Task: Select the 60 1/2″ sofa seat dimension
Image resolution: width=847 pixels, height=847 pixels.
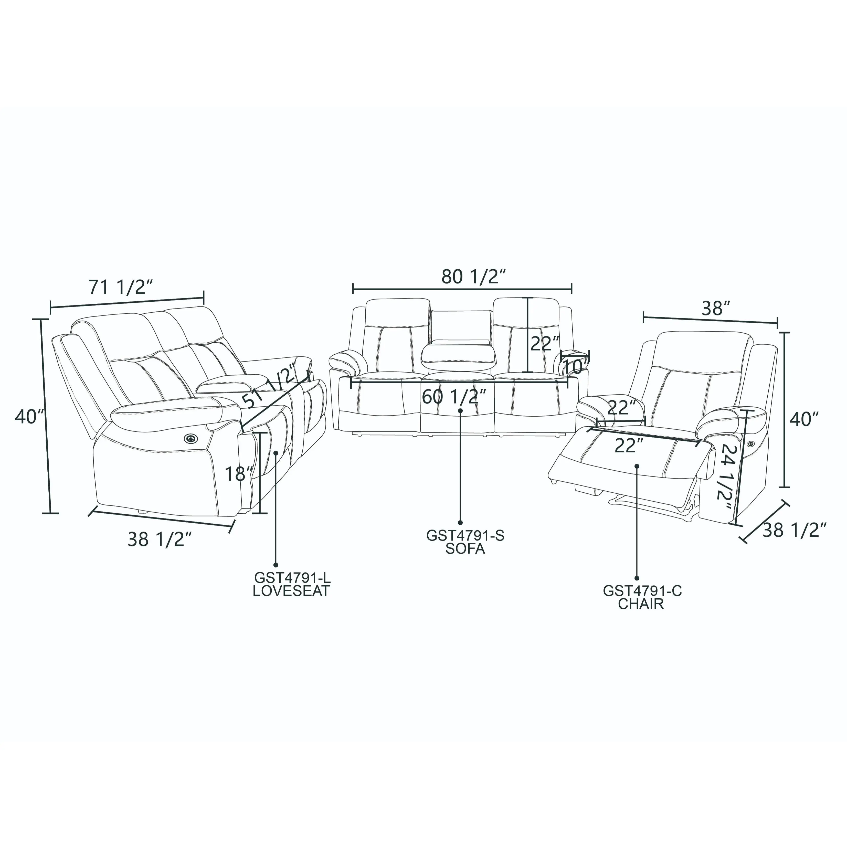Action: (x=454, y=397)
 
